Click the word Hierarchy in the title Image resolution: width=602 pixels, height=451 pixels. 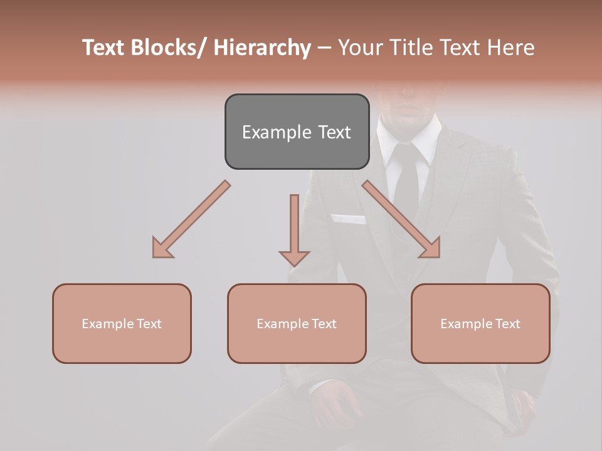coord(262,48)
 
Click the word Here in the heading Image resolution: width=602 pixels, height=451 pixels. coord(510,48)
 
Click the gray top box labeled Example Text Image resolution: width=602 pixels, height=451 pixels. coord(297,132)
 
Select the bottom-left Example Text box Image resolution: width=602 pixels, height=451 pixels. coord(122,324)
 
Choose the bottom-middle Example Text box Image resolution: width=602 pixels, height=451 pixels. coord(297,324)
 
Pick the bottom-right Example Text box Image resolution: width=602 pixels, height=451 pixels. coord(480,324)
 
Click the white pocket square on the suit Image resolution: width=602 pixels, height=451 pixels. coord(349,219)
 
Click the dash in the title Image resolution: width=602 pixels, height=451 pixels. coord(324,49)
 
